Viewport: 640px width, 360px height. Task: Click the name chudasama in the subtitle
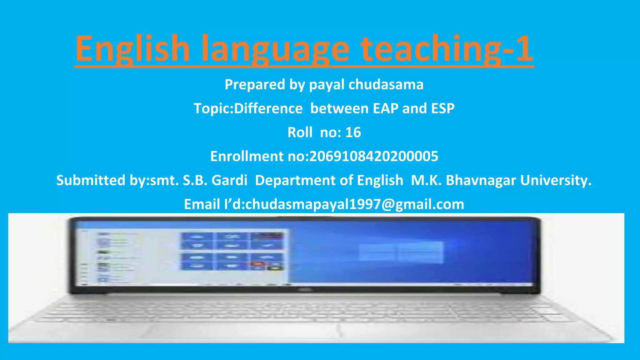[x=386, y=84]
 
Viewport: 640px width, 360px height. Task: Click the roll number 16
[x=353, y=132]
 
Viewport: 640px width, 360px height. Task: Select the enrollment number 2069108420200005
[x=373, y=156]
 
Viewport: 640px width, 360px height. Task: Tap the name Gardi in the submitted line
[x=229, y=180]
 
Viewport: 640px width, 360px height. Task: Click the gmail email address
[x=355, y=204]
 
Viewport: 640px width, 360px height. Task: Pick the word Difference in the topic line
[x=268, y=108]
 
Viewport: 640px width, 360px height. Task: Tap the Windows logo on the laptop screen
[x=401, y=252]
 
